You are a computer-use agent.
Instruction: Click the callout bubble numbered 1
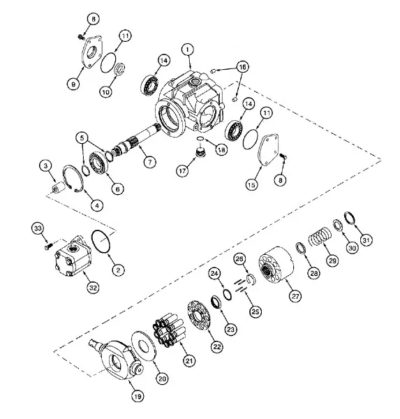tap(188, 50)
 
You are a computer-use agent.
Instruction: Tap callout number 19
tap(138, 396)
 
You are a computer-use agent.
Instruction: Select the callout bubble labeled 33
tap(38, 228)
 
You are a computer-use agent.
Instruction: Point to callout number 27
tap(295, 296)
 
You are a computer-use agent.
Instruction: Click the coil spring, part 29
tap(320, 237)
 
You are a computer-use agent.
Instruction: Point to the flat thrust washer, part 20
tap(143, 346)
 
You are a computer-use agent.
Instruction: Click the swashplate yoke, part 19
tap(117, 358)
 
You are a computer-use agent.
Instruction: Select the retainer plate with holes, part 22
tap(198, 316)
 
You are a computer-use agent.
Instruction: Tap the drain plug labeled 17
tap(199, 152)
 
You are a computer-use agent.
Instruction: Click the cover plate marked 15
tap(268, 149)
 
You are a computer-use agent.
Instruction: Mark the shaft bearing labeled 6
tap(98, 163)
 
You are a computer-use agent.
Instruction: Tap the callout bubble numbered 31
tap(366, 240)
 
